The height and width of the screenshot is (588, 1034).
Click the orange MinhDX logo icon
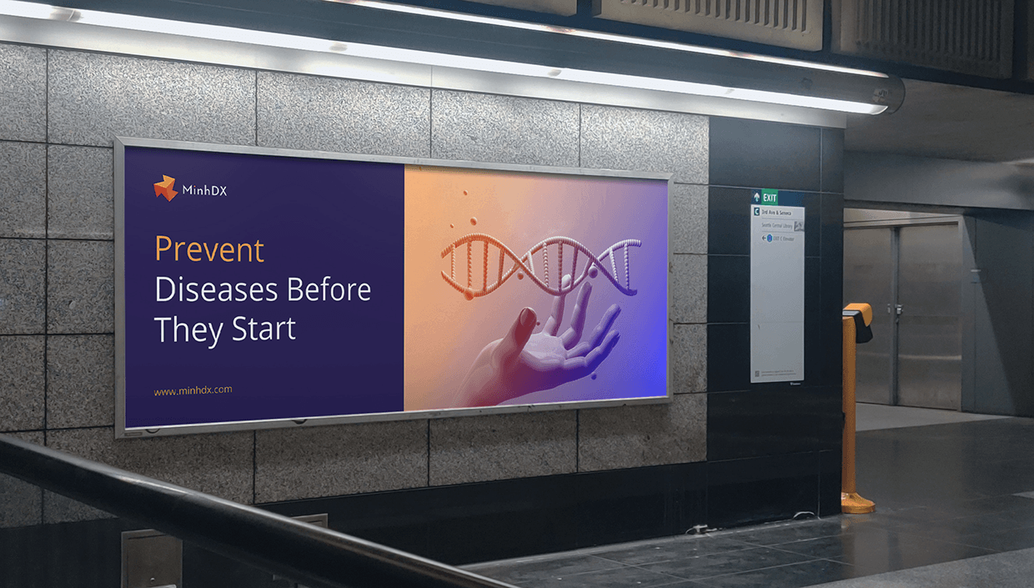tap(165, 188)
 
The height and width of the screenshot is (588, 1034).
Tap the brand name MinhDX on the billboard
tap(204, 191)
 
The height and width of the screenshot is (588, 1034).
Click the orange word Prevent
tap(209, 249)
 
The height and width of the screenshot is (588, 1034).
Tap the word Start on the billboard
tap(264, 329)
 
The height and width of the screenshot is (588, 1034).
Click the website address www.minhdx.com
tap(193, 389)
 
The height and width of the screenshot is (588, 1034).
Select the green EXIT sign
tap(770, 198)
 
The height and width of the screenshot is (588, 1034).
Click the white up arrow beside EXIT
tap(757, 198)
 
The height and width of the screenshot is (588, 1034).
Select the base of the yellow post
tap(857, 502)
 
